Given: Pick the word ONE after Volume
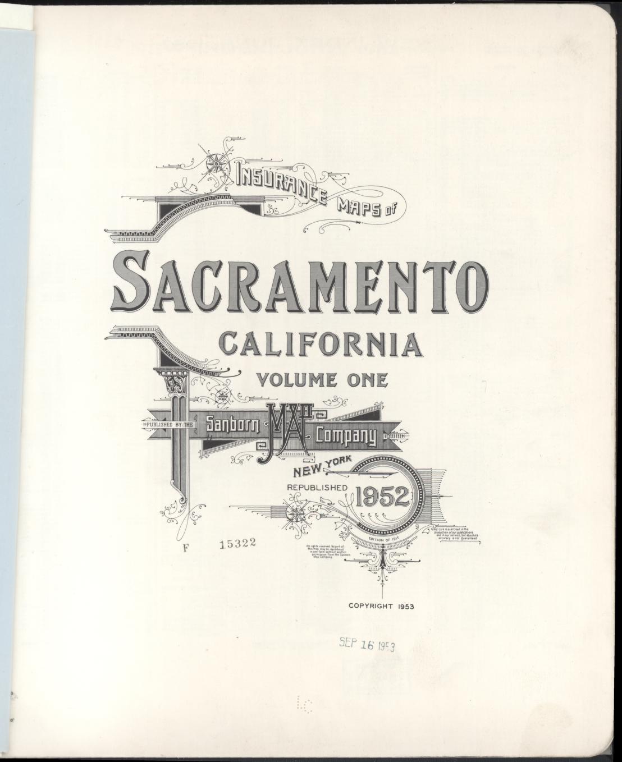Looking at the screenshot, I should (x=367, y=380).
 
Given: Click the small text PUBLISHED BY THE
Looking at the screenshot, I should (x=169, y=426).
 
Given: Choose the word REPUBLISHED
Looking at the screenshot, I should (x=317, y=488).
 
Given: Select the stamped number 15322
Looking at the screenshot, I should (x=238, y=543).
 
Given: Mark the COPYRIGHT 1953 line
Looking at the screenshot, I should (x=381, y=606).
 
